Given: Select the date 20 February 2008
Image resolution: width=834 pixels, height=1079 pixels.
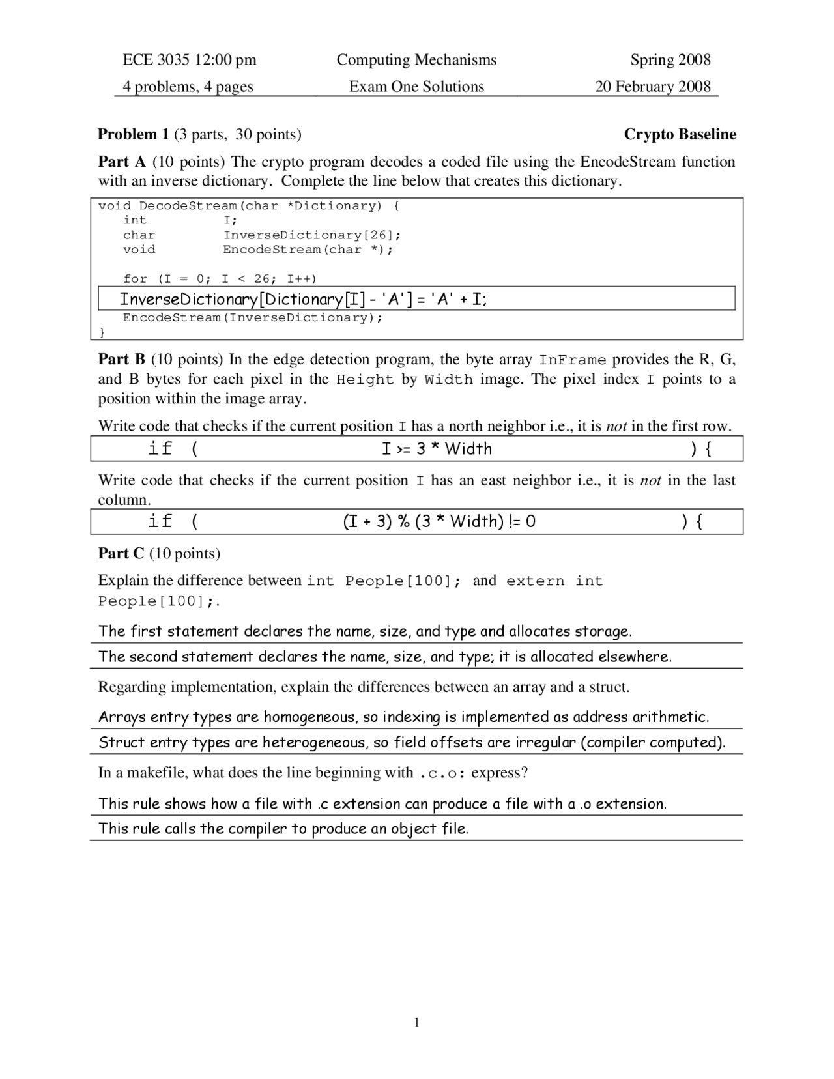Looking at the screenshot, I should click(x=652, y=87).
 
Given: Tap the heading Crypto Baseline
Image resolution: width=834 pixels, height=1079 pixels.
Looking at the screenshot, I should click(x=680, y=134).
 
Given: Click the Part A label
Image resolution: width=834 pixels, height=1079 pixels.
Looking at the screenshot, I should click(x=122, y=162).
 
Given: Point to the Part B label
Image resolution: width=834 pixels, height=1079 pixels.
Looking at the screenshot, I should click(x=122, y=360).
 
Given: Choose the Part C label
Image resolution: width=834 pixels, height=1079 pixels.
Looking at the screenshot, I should click(x=121, y=553).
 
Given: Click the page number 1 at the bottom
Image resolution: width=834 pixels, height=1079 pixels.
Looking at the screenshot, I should click(x=417, y=1022).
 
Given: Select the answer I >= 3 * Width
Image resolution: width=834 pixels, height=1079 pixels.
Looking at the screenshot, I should click(x=437, y=449).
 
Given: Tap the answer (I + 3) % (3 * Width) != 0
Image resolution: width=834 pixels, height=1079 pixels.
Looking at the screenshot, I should click(x=439, y=521).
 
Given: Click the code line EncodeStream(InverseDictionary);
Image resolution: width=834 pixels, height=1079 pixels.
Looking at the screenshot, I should click(x=253, y=318).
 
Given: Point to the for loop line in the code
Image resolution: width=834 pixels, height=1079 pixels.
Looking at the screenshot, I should click(x=220, y=279).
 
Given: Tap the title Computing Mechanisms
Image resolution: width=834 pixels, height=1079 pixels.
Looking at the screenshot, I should click(x=416, y=60).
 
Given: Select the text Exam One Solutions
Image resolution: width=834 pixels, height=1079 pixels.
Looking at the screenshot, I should click(x=416, y=87).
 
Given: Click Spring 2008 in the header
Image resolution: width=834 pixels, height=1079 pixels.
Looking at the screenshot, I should click(x=670, y=60).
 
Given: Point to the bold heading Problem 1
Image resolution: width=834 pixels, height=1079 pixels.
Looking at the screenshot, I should click(x=133, y=134).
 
